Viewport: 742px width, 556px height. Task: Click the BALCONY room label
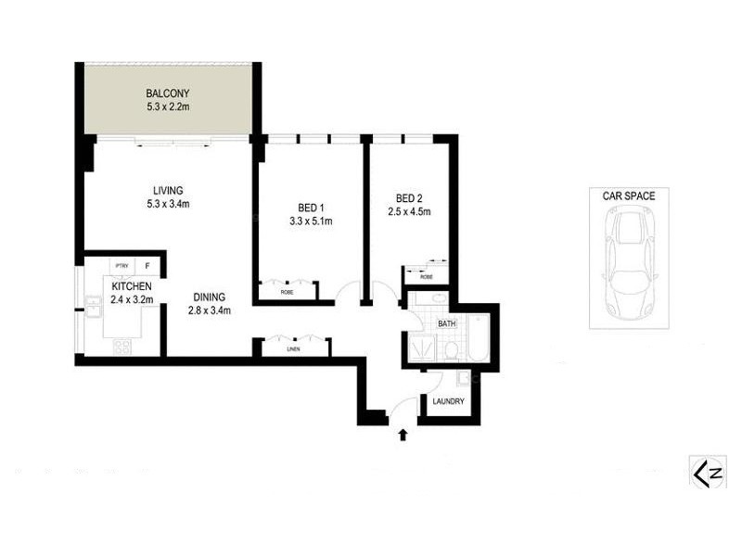coord(167,94)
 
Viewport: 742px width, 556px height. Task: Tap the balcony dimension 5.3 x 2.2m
coord(167,107)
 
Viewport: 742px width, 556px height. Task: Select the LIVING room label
coord(167,191)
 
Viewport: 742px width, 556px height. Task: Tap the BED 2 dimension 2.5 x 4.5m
coord(409,211)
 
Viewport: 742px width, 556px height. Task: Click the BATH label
coord(446,323)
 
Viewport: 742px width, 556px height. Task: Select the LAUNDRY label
coord(448,402)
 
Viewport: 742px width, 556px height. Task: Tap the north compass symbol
coord(707,472)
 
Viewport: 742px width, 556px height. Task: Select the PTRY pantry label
coord(121,266)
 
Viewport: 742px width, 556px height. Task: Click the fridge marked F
coord(147,266)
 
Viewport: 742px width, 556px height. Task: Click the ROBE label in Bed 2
coord(426,276)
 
